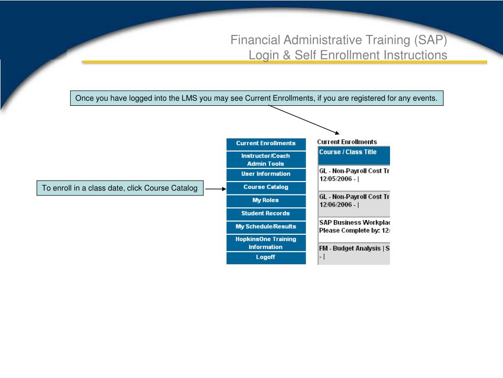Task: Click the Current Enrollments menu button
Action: [x=266, y=144]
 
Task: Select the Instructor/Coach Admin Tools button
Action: [x=266, y=159]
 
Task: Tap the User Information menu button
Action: [x=266, y=174]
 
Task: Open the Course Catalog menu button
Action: [x=266, y=188]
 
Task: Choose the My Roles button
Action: [x=266, y=201]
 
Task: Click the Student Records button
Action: [x=266, y=214]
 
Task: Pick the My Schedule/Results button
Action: [x=266, y=227]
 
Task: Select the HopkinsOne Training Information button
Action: [x=266, y=243]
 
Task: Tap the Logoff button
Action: [x=266, y=258]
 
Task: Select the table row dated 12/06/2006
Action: [x=353, y=201]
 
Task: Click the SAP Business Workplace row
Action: [x=353, y=226]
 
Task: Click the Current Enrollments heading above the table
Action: [x=347, y=142]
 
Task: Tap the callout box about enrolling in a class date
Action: [x=120, y=188]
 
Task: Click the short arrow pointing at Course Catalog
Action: [x=215, y=188]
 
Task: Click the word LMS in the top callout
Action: [x=189, y=98]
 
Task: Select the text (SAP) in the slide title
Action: [x=430, y=40]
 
